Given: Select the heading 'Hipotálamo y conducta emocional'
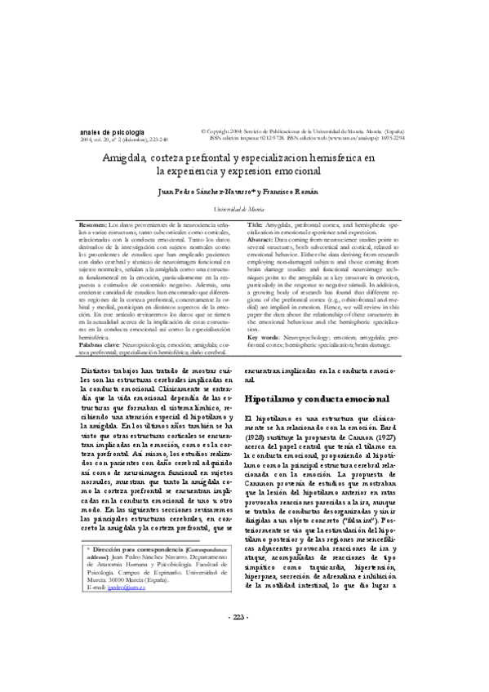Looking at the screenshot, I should [x=317, y=400].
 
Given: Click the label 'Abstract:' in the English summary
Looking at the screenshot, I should [x=266, y=241].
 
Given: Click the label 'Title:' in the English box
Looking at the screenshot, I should [x=255, y=224].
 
